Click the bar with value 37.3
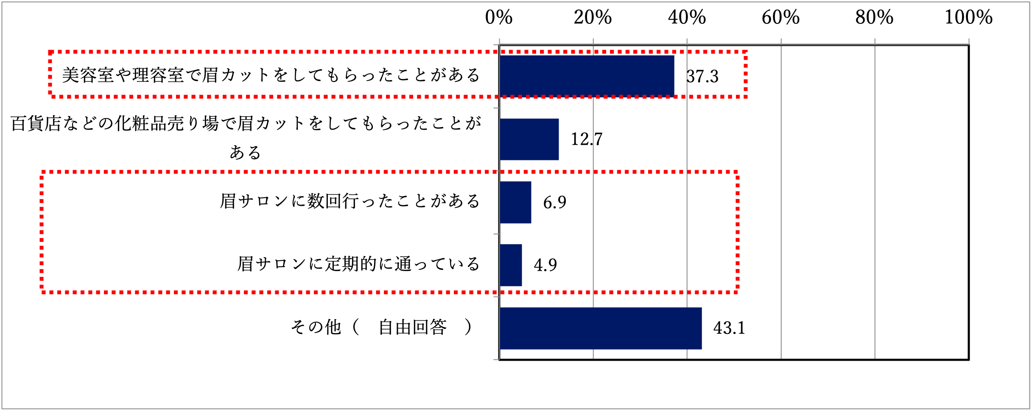click(587, 76)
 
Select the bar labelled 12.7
click(529, 139)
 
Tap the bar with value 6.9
click(515, 202)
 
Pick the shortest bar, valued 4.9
click(511, 265)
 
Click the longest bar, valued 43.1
click(600, 328)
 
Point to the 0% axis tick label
click(499, 18)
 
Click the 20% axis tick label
click(593, 18)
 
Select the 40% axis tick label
click(687, 18)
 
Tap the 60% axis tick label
click(780, 18)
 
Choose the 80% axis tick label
click(874, 18)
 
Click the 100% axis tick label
click(968, 18)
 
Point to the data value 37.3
click(702, 76)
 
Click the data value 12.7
click(586, 139)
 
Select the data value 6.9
click(554, 202)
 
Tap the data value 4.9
click(545, 265)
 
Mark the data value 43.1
click(729, 328)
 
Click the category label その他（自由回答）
click(381, 327)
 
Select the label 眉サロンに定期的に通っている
click(358, 264)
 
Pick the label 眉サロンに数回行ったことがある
click(350, 201)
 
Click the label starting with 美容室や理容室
click(271, 75)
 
